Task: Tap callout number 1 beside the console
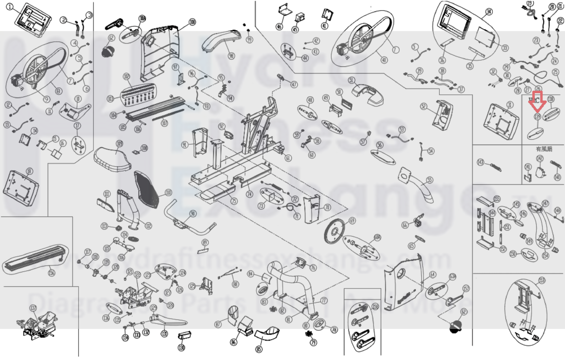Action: click(x=10, y=7)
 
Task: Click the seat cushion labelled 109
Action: click(x=112, y=157)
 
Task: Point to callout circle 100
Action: click(x=192, y=22)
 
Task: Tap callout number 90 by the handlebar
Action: click(x=193, y=213)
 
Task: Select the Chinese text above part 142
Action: click(x=544, y=149)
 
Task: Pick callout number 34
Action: click(x=489, y=12)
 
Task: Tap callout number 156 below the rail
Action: click(x=52, y=273)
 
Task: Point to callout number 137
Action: click(x=33, y=308)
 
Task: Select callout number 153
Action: click(x=542, y=281)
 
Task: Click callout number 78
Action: click(x=334, y=330)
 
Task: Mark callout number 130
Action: click(x=181, y=348)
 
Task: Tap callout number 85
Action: click(x=259, y=349)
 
